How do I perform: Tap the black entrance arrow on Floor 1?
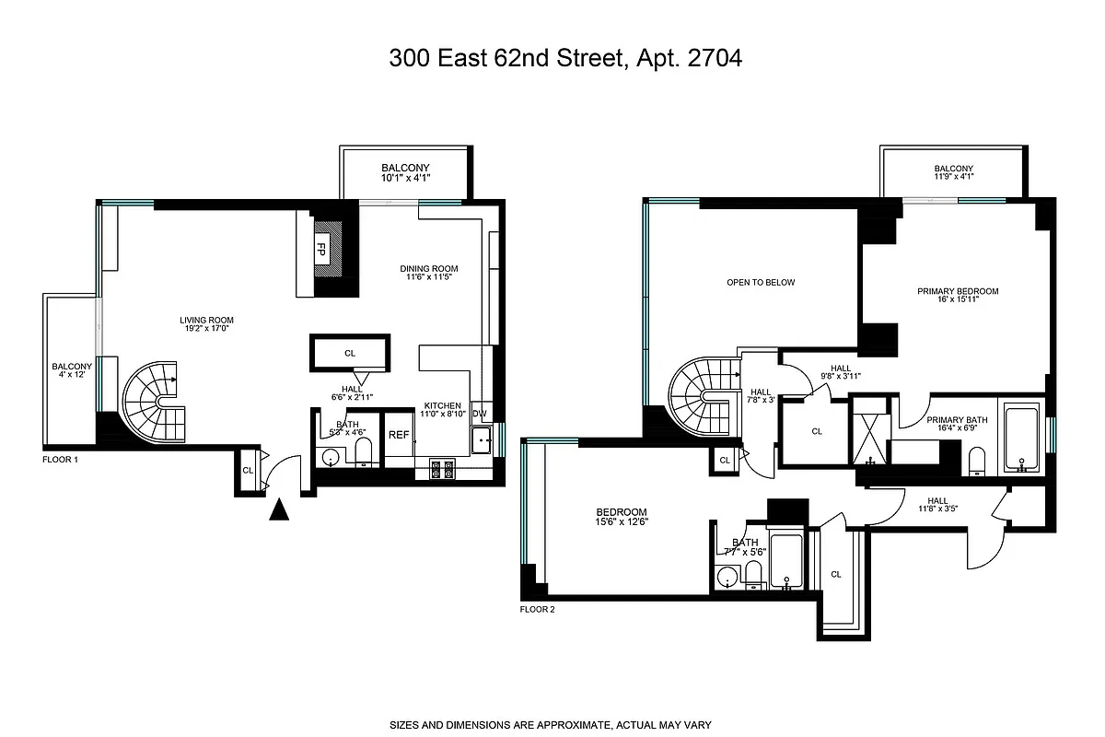click(x=278, y=509)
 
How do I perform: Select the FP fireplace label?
click(x=321, y=249)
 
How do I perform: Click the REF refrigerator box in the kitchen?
click(x=399, y=436)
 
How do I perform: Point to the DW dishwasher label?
click(x=479, y=414)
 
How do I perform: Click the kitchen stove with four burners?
click(x=442, y=469)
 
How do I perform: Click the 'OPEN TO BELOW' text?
click(x=760, y=283)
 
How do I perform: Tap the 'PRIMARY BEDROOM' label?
click(x=957, y=291)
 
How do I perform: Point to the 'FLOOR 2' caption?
click(x=538, y=609)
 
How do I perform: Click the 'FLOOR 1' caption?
click(x=61, y=458)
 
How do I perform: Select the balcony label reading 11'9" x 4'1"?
click(x=953, y=172)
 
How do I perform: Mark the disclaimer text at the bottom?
click(x=552, y=725)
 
